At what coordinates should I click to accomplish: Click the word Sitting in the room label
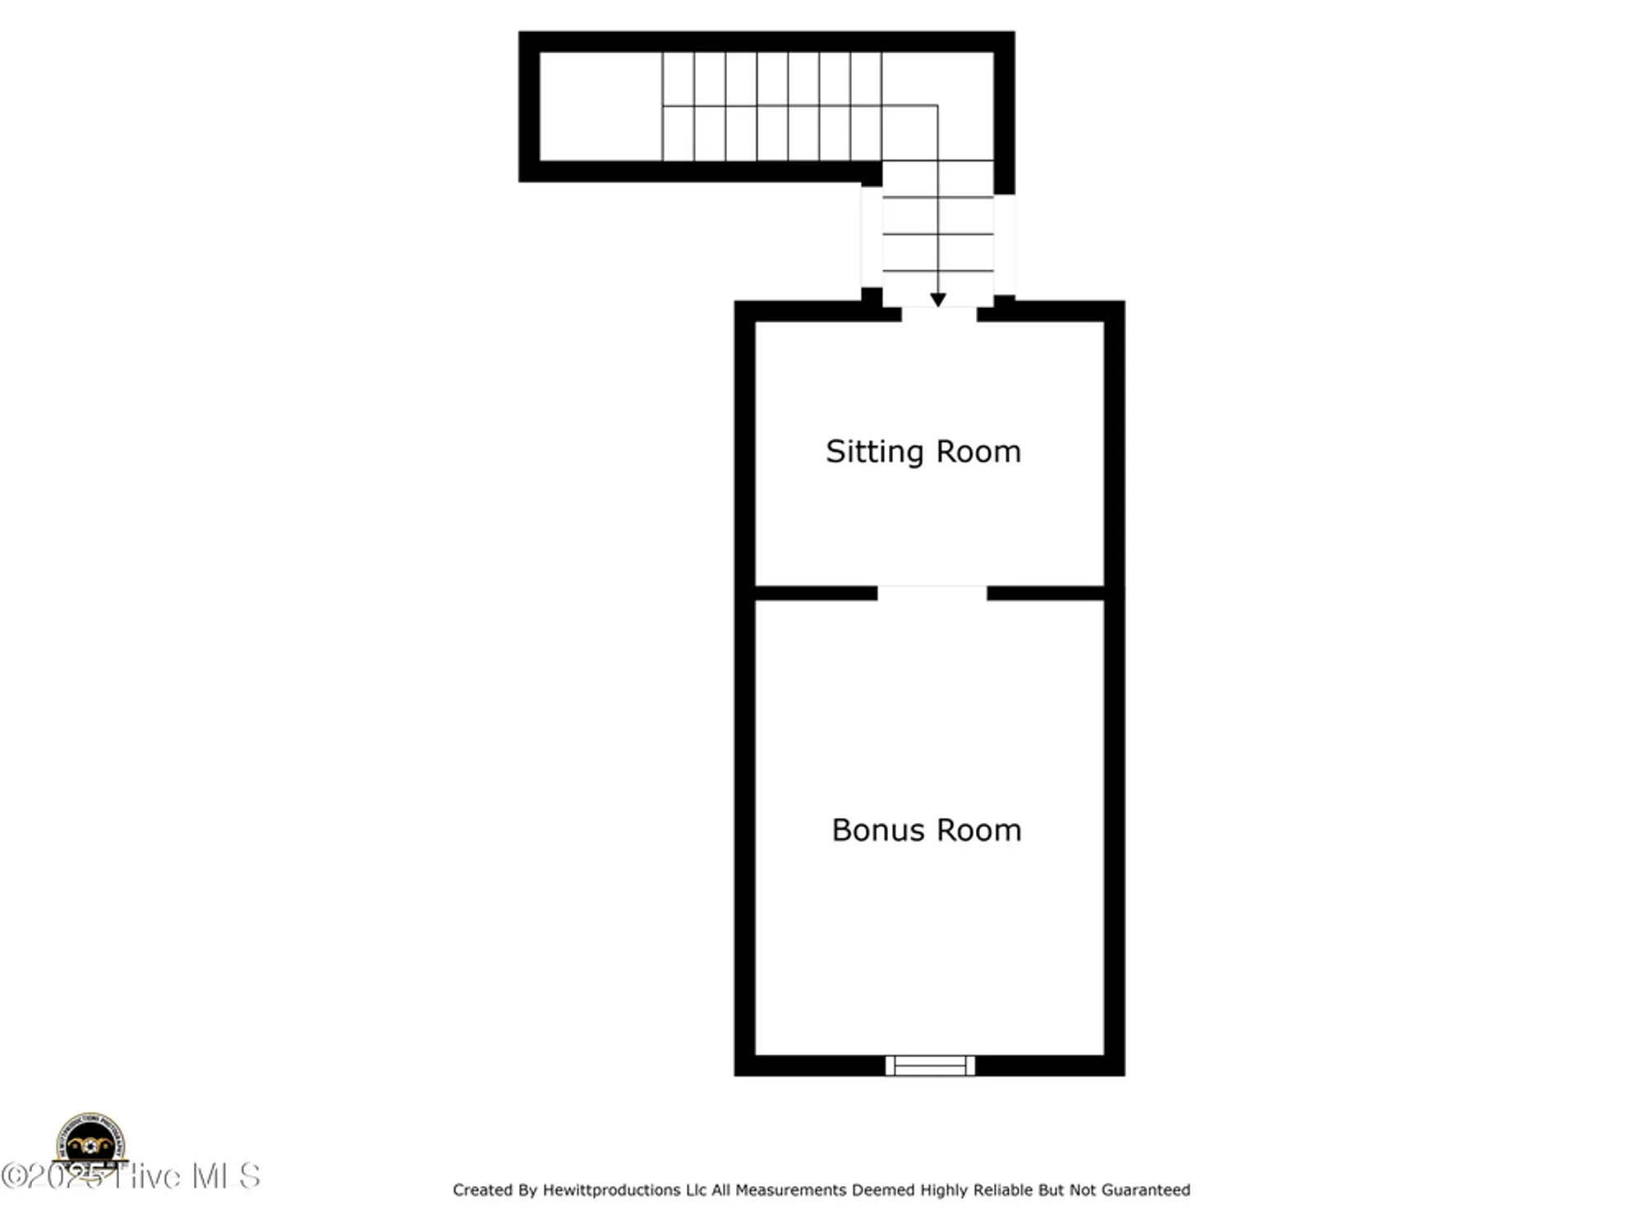click(x=874, y=452)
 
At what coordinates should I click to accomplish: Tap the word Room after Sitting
click(x=978, y=452)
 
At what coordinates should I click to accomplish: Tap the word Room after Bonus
click(x=978, y=830)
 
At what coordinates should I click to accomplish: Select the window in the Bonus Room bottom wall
click(x=930, y=1065)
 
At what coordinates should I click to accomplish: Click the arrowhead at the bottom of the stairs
click(x=938, y=301)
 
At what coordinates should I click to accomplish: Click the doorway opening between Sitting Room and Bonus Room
click(x=932, y=593)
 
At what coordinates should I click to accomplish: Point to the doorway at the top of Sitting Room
click(x=939, y=313)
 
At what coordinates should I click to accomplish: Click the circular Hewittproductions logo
click(x=90, y=1143)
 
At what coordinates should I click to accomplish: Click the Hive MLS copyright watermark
click(x=131, y=1176)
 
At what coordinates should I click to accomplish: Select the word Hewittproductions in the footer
click(x=611, y=1190)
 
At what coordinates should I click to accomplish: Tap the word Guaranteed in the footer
click(x=1145, y=1190)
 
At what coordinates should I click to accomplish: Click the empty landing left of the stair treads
click(x=601, y=107)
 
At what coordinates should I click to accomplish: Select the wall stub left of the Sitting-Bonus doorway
click(x=816, y=593)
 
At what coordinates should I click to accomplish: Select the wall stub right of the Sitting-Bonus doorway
click(x=1046, y=593)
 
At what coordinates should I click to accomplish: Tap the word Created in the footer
click(x=483, y=1190)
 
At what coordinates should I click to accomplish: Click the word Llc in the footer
click(x=696, y=1190)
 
